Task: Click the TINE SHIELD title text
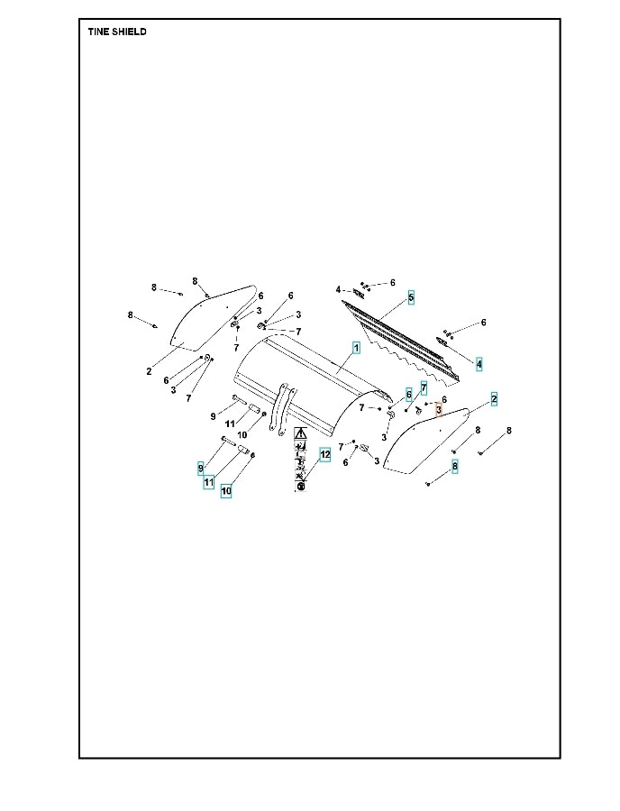(x=117, y=32)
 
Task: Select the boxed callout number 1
(x=356, y=347)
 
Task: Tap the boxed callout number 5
(x=411, y=296)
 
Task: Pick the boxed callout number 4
(x=479, y=364)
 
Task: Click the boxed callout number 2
(x=494, y=397)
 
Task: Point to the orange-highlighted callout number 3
(x=438, y=410)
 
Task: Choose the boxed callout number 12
(x=324, y=455)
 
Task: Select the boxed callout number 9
(x=201, y=468)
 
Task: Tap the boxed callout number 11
(x=209, y=482)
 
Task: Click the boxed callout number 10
(x=226, y=491)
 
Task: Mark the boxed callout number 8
(x=455, y=466)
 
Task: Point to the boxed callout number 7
(x=423, y=387)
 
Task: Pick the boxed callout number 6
(x=408, y=394)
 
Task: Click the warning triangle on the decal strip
(x=300, y=434)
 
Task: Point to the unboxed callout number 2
(x=149, y=371)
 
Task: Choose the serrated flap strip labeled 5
(x=397, y=338)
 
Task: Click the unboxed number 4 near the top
(x=338, y=290)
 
